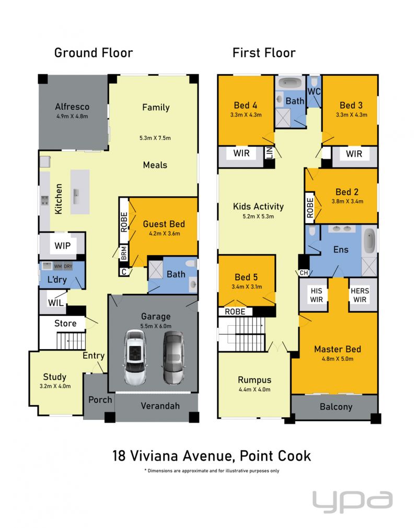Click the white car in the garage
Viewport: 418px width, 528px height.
[135, 357]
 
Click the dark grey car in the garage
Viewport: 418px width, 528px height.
[173, 357]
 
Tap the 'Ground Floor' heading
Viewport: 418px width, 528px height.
[94, 53]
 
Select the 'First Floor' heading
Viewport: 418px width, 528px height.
[264, 53]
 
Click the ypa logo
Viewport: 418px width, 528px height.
[352, 502]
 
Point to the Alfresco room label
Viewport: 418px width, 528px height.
[72, 107]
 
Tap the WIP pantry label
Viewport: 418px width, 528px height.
[63, 246]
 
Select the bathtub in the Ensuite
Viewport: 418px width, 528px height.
[369, 241]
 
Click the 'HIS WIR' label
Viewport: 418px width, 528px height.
[316, 295]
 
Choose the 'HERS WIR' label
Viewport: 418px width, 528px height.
[360, 295]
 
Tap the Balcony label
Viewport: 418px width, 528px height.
[336, 407]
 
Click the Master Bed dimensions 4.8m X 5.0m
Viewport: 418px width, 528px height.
[338, 359]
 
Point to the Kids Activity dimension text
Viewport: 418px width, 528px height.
[258, 216]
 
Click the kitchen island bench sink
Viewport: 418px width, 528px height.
[76, 197]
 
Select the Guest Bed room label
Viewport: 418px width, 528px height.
[164, 224]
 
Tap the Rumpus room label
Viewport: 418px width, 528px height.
[254, 380]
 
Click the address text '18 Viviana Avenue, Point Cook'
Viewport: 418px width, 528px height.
[212, 456]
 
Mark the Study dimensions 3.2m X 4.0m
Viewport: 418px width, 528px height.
[55, 386]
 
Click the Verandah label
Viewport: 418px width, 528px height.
[160, 406]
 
